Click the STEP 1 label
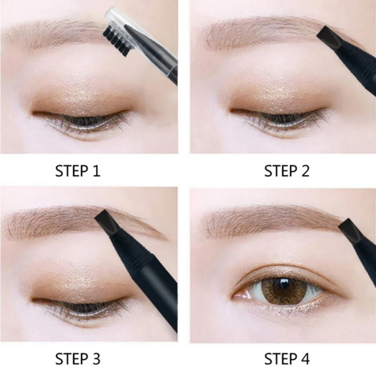point(78,171)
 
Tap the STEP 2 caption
point(287,171)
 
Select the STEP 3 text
point(78,359)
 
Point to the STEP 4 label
point(287,359)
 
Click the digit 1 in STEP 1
point(96,171)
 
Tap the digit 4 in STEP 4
point(305,359)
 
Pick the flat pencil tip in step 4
point(349,229)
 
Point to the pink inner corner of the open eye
point(241,295)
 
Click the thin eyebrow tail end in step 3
point(165,239)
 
